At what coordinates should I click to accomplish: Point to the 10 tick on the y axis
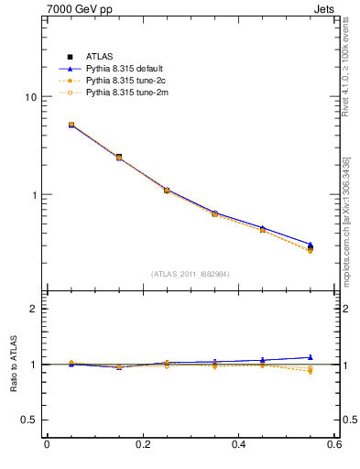(x=30, y=97)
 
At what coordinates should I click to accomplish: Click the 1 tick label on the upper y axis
(x=33, y=195)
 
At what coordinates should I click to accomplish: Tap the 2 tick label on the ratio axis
(x=33, y=309)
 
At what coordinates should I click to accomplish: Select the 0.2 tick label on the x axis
(x=143, y=445)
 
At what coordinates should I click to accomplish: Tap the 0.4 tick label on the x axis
(x=239, y=445)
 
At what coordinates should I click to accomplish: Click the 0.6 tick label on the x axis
(x=334, y=445)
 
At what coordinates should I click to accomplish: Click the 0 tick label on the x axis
(x=47, y=445)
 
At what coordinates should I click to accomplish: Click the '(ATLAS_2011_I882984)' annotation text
(x=191, y=274)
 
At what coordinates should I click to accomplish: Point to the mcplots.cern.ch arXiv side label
(x=346, y=220)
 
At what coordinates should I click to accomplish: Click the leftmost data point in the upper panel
(x=71, y=125)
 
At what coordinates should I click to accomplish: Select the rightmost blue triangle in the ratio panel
(x=310, y=357)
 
